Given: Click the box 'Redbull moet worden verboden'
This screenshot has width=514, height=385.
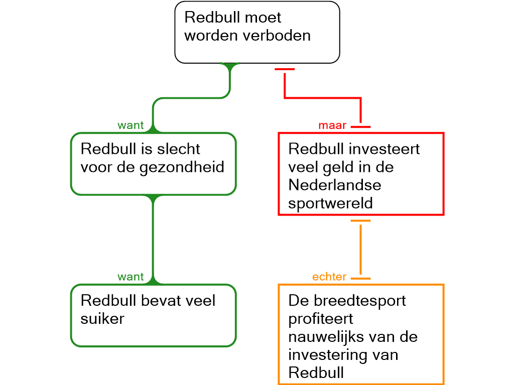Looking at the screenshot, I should [257, 32].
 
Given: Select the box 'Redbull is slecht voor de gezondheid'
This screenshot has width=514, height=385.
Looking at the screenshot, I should [153, 163].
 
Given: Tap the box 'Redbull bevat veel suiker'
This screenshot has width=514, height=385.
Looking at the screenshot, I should [153, 315].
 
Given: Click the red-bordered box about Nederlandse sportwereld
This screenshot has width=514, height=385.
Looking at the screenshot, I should [361, 174].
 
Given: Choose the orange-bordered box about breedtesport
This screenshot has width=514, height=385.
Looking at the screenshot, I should [361, 334].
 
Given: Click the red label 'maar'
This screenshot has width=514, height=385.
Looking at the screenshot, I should [332, 125].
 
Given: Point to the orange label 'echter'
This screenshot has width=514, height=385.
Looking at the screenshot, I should [329, 277].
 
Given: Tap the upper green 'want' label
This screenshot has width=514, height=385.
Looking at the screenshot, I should [131, 125].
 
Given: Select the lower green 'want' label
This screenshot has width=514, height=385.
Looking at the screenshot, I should [131, 277].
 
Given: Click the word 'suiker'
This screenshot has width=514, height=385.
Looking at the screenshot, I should [102, 318].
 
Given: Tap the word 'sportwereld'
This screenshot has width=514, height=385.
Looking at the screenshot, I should [330, 203].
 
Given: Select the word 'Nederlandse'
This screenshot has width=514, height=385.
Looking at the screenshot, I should [335, 185].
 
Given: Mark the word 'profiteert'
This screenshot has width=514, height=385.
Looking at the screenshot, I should [321, 318].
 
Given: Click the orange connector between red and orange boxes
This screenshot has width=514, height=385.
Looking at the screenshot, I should [360, 249].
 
